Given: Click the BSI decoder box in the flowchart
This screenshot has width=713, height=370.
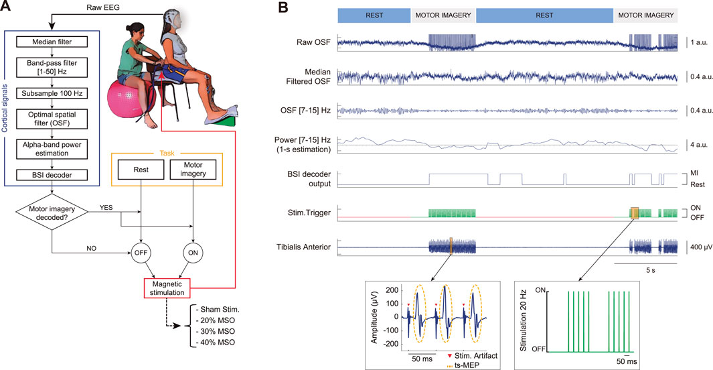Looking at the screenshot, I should click(x=52, y=175).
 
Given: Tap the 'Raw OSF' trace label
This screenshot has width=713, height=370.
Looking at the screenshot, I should click(x=314, y=42).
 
